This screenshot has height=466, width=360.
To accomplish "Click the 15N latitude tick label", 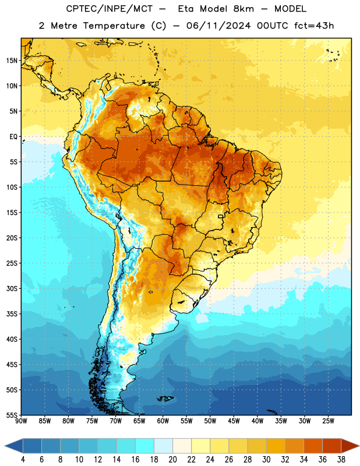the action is click(12, 61).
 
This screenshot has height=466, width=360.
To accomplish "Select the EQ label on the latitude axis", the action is click(13, 137).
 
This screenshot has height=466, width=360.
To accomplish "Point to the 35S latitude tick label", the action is click(12, 314).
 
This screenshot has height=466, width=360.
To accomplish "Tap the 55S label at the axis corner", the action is click(12, 415).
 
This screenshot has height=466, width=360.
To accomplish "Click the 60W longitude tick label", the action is click(163, 421).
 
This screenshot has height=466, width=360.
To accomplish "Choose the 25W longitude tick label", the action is click(328, 421).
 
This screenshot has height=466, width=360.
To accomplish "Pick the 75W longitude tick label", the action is click(92, 421).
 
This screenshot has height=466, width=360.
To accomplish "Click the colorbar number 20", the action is click(172, 460).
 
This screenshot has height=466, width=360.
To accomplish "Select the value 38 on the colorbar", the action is click(341, 460).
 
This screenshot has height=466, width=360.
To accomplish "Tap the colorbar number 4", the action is click(23, 460).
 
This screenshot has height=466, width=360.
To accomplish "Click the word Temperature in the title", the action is click(114, 26).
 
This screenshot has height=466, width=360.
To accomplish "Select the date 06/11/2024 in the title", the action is click(218, 26).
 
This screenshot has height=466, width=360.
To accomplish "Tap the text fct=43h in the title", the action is click(314, 26).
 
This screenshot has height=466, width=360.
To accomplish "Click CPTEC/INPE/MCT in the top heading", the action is click(109, 9).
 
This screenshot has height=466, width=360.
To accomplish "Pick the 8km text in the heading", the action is click(243, 9).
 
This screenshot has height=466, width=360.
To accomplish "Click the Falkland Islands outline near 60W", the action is click(165, 398).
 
